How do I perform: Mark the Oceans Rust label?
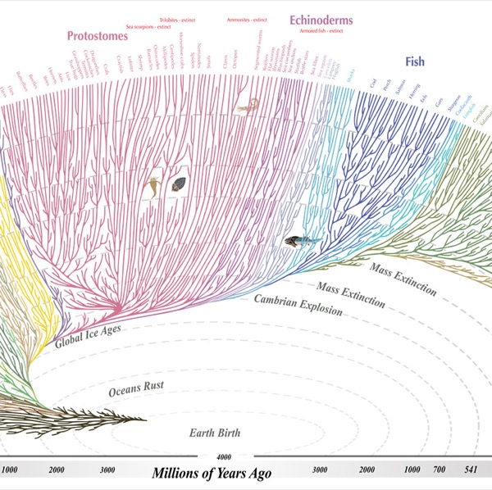(x=137, y=390)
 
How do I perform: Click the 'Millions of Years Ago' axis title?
(x=212, y=473)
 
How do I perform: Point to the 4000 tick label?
(x=223, y=456)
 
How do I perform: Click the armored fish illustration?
(x=298, y=240)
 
